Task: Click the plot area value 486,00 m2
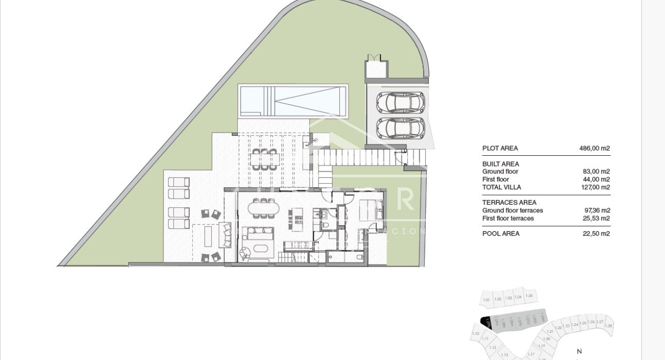click(594, 149)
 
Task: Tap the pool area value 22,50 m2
click(596, 234)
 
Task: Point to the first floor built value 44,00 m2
click(596, 179)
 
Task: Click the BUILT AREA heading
click(501, 164)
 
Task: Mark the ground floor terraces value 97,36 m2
click(596, 210)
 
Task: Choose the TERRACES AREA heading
click(509, 203)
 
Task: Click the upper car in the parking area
click(401, 102)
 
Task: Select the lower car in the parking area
click(401, 128)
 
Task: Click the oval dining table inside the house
click(263, 208)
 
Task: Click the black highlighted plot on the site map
click(485, 321)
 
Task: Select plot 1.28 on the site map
click(608, 325)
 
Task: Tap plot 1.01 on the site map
click(486, 299)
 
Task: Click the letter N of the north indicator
click(579, 351)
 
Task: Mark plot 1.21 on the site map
click(550, 331)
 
